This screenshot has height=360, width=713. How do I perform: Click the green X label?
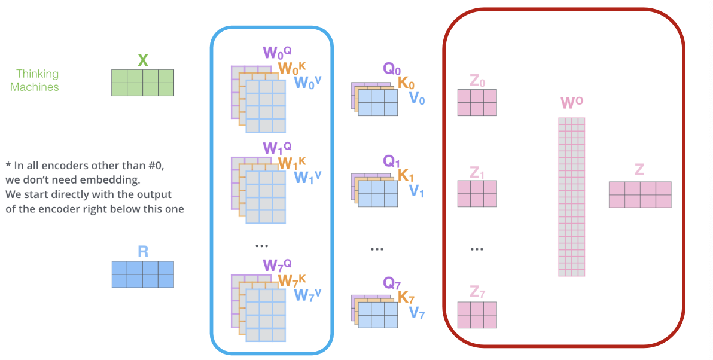tap(142, 60)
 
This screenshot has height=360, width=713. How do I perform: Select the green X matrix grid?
tap(142, 83)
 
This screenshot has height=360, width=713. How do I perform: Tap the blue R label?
tap(142, 251)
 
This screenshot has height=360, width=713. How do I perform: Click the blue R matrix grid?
tap(142, 274)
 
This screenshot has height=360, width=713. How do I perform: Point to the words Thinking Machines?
tap(38, 80)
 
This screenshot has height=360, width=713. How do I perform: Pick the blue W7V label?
tap(307, 295)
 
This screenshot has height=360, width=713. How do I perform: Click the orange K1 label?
tap(406, 176)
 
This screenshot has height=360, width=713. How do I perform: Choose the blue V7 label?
tap(417, 312)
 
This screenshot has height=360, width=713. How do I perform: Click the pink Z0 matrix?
tap(477, 102)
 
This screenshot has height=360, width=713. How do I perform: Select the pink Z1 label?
tap(477, 173)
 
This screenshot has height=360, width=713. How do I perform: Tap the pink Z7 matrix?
tap(477, 315)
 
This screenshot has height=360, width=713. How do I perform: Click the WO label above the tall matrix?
tap(572, 103)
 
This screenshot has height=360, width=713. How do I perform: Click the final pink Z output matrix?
tap(639, 194)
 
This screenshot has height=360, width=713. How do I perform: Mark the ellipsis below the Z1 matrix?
tap(477, 249)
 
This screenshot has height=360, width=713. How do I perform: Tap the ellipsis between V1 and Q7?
tap(376, 249)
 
